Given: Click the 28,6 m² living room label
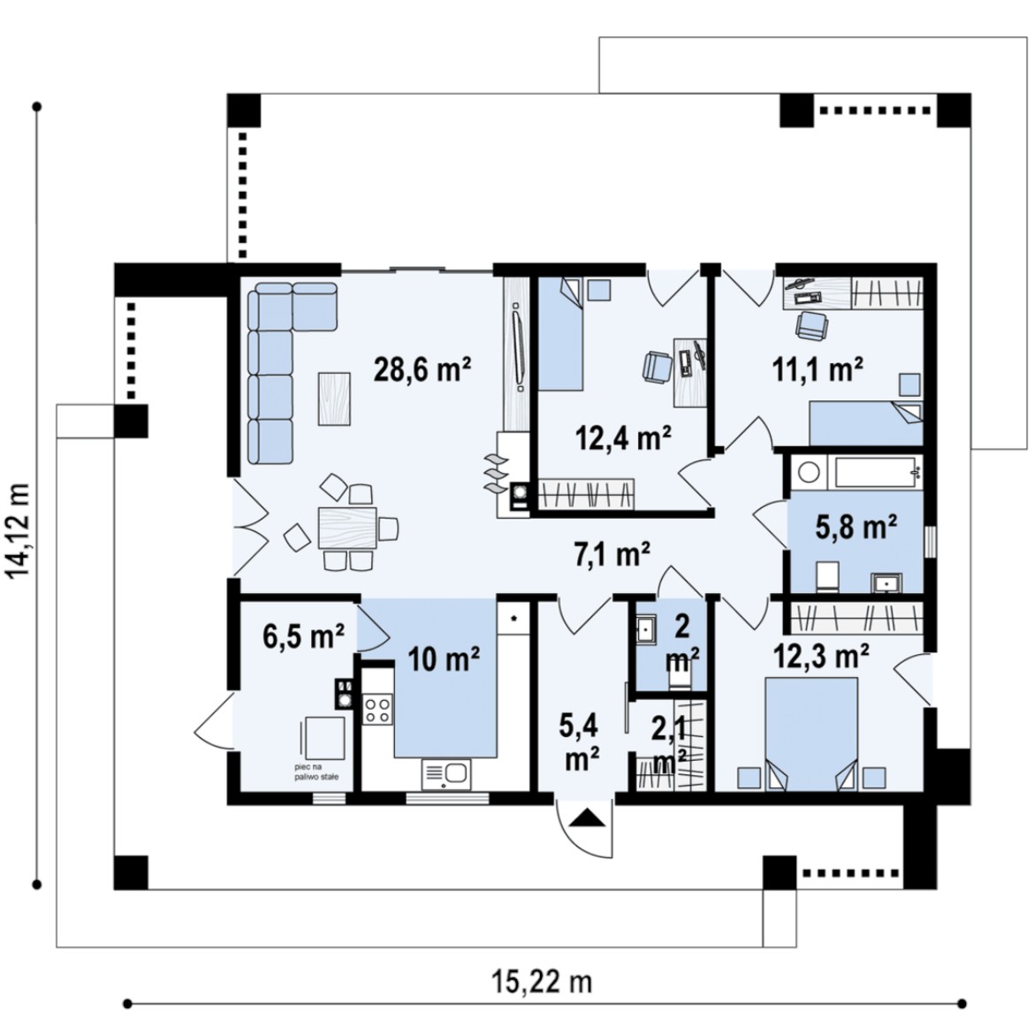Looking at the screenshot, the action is tap(422, 369).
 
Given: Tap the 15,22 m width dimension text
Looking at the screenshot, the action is tap(542, 982).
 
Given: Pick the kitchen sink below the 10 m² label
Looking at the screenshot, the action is tap(446, 773).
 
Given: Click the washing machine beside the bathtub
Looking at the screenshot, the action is tap(809, 472).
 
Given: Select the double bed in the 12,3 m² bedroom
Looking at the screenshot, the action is tap(811, 734).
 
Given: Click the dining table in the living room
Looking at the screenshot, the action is tap(347, 528).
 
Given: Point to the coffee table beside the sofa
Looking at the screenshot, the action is tap(334, 399).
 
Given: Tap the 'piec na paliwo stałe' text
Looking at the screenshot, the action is tap(317, 772).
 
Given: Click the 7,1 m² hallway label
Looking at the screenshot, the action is tap(612, 554).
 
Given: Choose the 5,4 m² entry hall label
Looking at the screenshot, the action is tap(579, 741).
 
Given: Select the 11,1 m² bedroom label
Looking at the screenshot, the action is tap(817, 369).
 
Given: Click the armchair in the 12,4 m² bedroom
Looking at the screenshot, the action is tap(658, 367).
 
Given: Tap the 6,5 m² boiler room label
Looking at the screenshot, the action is tap(303, 637).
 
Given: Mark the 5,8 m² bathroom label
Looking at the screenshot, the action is tap(856, 527).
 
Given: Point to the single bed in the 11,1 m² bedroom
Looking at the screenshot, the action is tap(866, 423).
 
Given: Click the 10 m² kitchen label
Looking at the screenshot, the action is tap(443, 658).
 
